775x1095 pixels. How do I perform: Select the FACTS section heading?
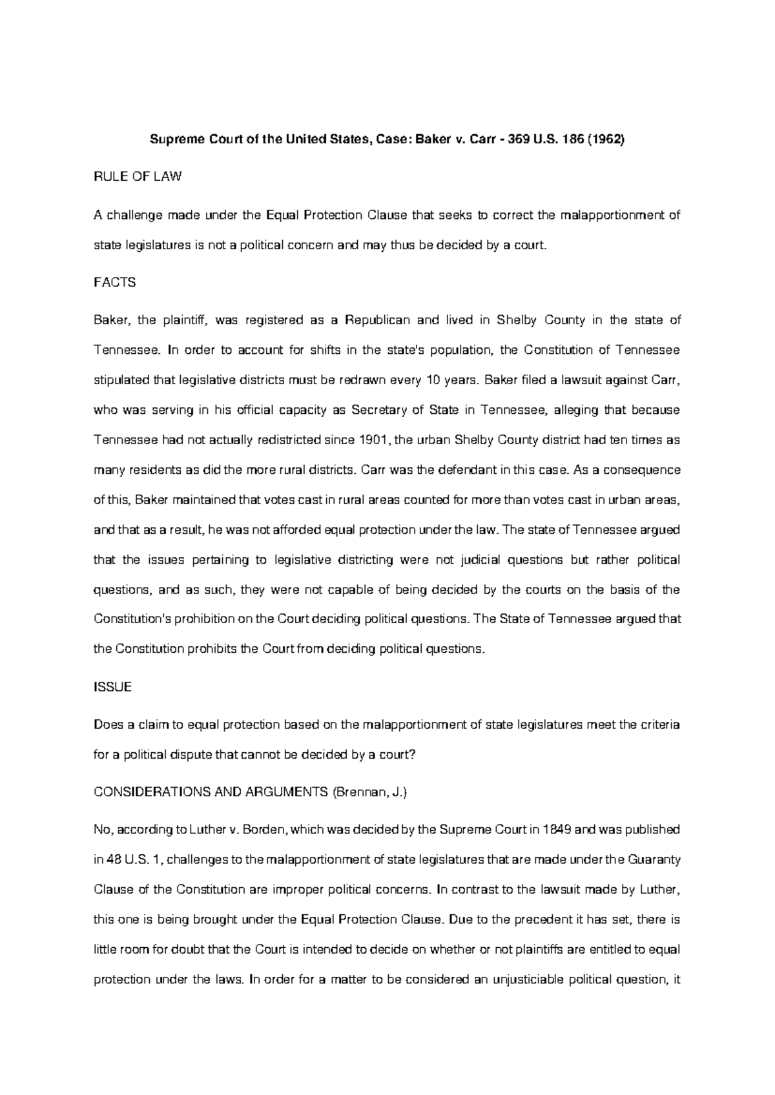point(114,282)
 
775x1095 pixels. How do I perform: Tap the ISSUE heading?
point(112,687)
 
